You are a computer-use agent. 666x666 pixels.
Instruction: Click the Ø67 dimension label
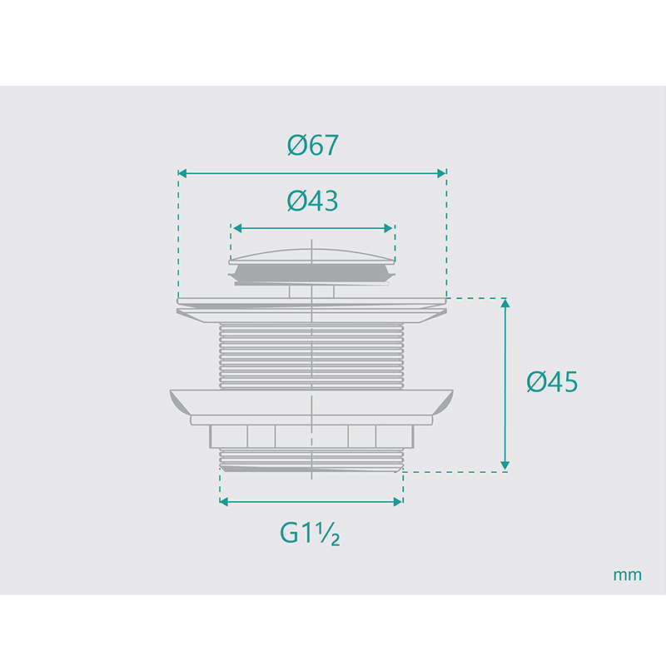[x=313, y=145]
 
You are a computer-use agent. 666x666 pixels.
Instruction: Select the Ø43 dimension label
[x=313, y=201]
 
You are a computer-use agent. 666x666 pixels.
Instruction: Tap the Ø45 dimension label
[x=552, y=381]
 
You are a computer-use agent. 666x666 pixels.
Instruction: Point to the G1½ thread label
[x=310, y=533]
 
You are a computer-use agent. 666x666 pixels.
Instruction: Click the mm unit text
[x=628, y=575]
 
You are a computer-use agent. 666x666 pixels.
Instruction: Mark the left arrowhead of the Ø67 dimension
[x=182, y=173]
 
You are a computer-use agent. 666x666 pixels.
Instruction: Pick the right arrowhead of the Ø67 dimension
[x=442, y=173]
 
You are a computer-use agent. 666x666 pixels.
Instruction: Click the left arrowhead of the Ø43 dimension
[x=237, y=228]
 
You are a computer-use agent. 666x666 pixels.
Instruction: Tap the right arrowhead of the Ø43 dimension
[x=388, y=228]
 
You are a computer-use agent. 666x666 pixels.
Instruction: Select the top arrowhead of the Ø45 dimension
[x=505, y=303]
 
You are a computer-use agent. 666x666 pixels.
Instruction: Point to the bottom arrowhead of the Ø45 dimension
[x=505, y=465]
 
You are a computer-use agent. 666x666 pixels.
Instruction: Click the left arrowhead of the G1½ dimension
[x=224, y=502]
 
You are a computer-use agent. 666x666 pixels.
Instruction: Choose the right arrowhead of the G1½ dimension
[x=398, y=502]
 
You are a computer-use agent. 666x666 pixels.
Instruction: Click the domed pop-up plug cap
[x=311, y=256]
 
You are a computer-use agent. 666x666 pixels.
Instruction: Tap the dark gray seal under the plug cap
[x=311, y=273]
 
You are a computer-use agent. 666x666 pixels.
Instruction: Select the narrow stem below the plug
[x=311, y=291]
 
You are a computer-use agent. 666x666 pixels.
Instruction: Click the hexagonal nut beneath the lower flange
[x=311, y=436]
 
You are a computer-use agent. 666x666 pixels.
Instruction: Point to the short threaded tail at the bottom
[x=311, y=460]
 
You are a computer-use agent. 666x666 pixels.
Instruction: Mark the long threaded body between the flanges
[x=311, y=356]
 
